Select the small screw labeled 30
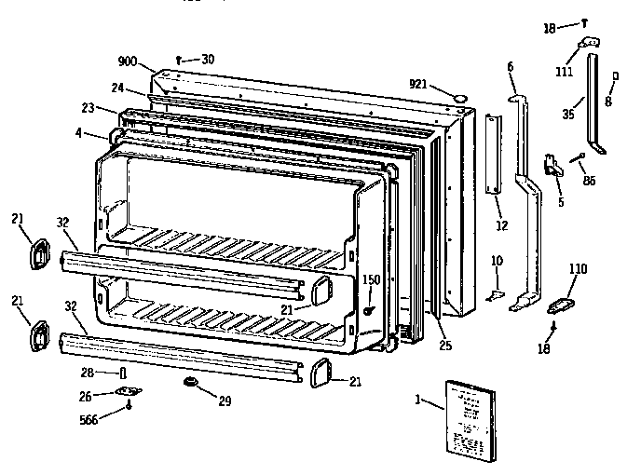coord(182,60)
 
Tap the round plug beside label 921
coord(458,96)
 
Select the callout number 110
coord(579,268)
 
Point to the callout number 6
coord(511,66)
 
